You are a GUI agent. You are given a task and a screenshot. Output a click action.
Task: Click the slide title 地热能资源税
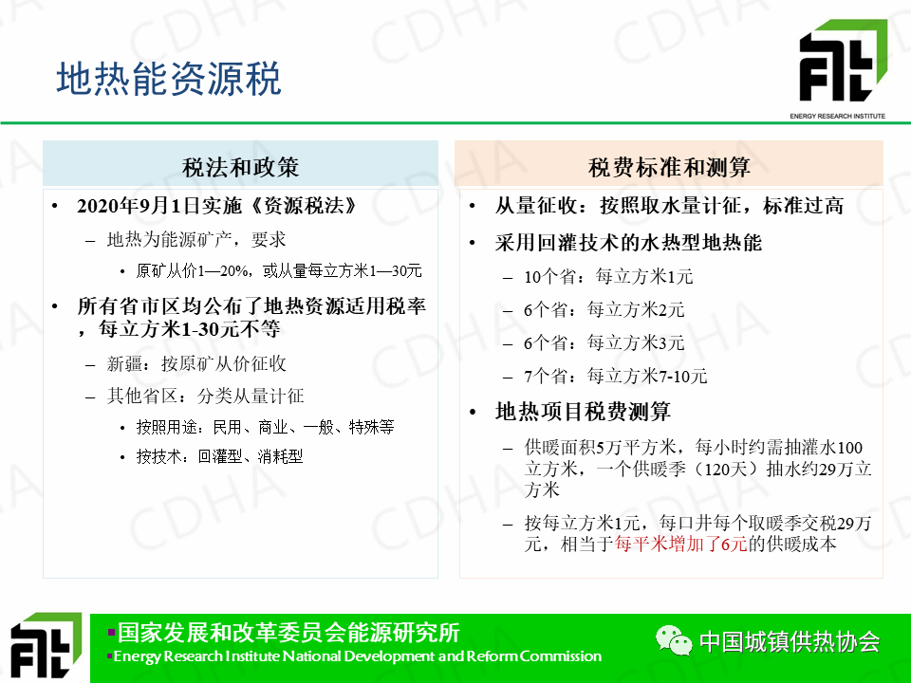(x=169, y=79)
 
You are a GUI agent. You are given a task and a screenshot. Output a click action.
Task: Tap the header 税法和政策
(x=240, y=167)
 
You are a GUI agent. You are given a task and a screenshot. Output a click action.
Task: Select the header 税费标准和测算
(x=669, y=167)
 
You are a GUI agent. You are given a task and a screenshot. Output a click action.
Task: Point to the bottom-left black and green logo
(x=46, y=646)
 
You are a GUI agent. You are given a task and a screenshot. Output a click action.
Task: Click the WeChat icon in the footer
(x=674, y=640)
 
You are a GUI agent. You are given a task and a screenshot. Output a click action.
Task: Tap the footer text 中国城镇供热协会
(x=790, y=641)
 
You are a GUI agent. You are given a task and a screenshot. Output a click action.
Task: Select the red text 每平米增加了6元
(x=681, y=545)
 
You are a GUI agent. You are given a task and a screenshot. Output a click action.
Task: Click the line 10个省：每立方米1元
(x=608, y=276)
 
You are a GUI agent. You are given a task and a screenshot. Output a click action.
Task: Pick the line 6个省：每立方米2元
(x=604, y=309)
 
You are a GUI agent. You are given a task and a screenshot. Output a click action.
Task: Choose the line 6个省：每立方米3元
(x=604, y=342)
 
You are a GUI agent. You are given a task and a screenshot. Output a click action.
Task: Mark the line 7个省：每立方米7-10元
(x=615, y=376)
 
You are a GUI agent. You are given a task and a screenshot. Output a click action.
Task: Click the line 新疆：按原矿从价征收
(x=196, y=363)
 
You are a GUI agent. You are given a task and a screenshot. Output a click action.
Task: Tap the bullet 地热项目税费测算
(x=583, y=411)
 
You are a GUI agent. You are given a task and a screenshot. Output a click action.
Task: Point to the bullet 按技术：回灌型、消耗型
(x=219, y=456)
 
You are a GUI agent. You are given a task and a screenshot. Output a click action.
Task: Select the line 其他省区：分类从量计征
(x=205, y=397)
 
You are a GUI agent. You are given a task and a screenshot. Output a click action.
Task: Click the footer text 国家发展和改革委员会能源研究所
(x=288, y=633)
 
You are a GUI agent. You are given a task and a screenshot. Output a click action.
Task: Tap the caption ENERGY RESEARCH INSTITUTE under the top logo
(x=837, y=116)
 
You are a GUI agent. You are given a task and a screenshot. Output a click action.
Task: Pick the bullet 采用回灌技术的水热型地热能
(x=628, y=242)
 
